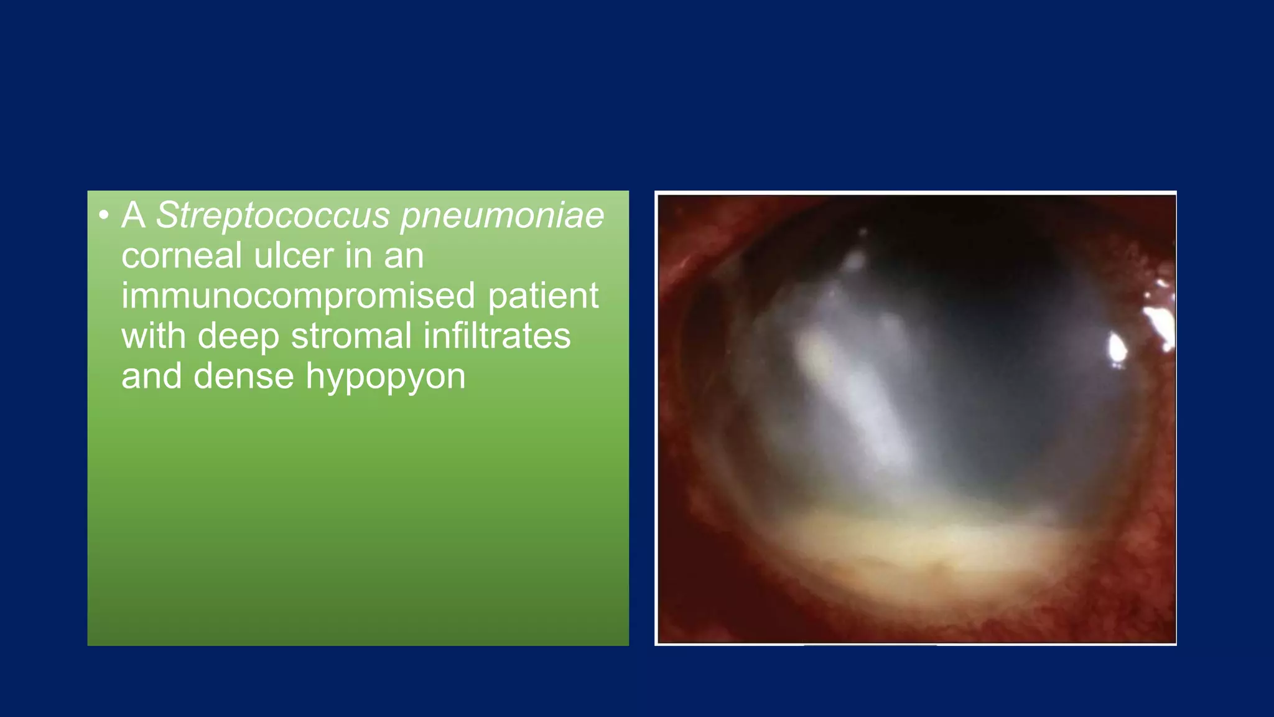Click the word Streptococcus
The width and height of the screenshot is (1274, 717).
tap(272, 216)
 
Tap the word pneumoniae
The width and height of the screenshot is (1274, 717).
tap(501, 216)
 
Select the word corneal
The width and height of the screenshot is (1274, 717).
tap(181, 256)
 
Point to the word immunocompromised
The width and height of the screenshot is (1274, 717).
tap(298, 296)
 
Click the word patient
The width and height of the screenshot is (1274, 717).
tap(543, 296)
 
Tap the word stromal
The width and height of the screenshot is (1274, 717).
tap(351, 336)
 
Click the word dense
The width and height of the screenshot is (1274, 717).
tap(243, 377)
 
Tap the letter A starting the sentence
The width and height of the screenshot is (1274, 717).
tap(133, 216)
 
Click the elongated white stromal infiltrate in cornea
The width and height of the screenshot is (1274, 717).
tap(858, 398)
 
